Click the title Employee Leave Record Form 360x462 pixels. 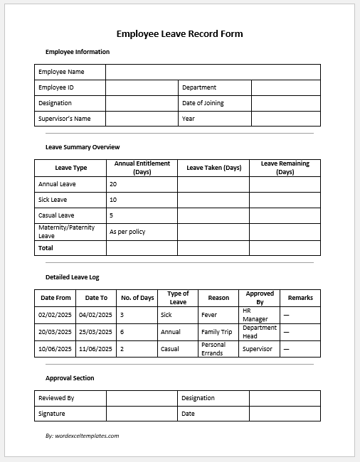179,33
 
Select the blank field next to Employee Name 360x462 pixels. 213,72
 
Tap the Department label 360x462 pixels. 199,87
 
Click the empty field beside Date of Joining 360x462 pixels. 285,103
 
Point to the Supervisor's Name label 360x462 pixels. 65,119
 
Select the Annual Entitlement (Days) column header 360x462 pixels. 142,168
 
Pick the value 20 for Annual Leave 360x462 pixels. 114,184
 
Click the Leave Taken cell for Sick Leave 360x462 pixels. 213,200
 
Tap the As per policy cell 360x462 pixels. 128,232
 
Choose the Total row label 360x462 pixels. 46,248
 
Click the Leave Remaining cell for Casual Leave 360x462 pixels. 285,215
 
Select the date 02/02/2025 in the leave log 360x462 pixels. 55,314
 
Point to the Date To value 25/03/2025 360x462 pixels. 95,332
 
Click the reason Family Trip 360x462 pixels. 216,332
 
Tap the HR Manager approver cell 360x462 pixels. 255,315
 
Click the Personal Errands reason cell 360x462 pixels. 213,349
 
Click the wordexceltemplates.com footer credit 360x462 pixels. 82,436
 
